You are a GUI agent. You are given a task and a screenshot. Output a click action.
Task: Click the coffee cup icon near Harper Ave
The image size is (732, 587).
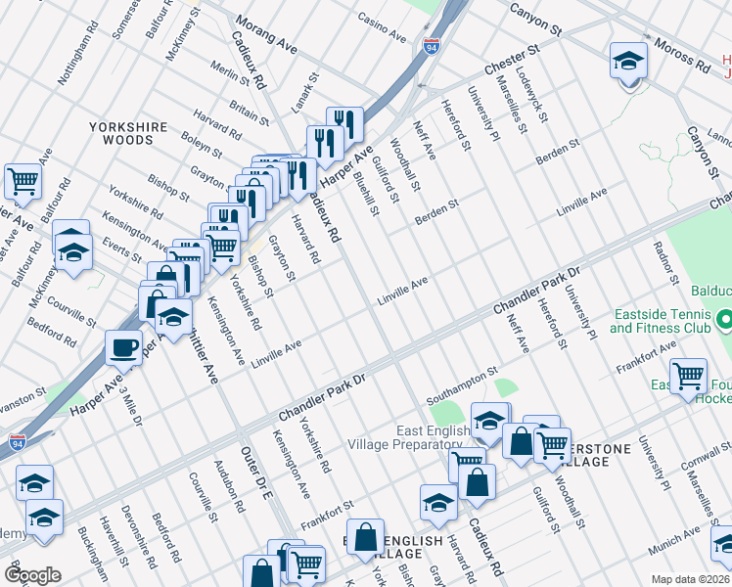coord(124,346)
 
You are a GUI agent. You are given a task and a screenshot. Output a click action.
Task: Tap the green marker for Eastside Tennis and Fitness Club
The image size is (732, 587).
coord(723,319)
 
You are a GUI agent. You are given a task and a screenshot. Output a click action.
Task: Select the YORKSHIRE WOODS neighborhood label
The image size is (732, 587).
coord(134,134)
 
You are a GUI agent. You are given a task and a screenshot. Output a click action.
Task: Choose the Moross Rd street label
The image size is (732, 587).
coord(683,57)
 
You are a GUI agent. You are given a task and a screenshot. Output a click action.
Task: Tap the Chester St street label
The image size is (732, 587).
coord(512,60)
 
